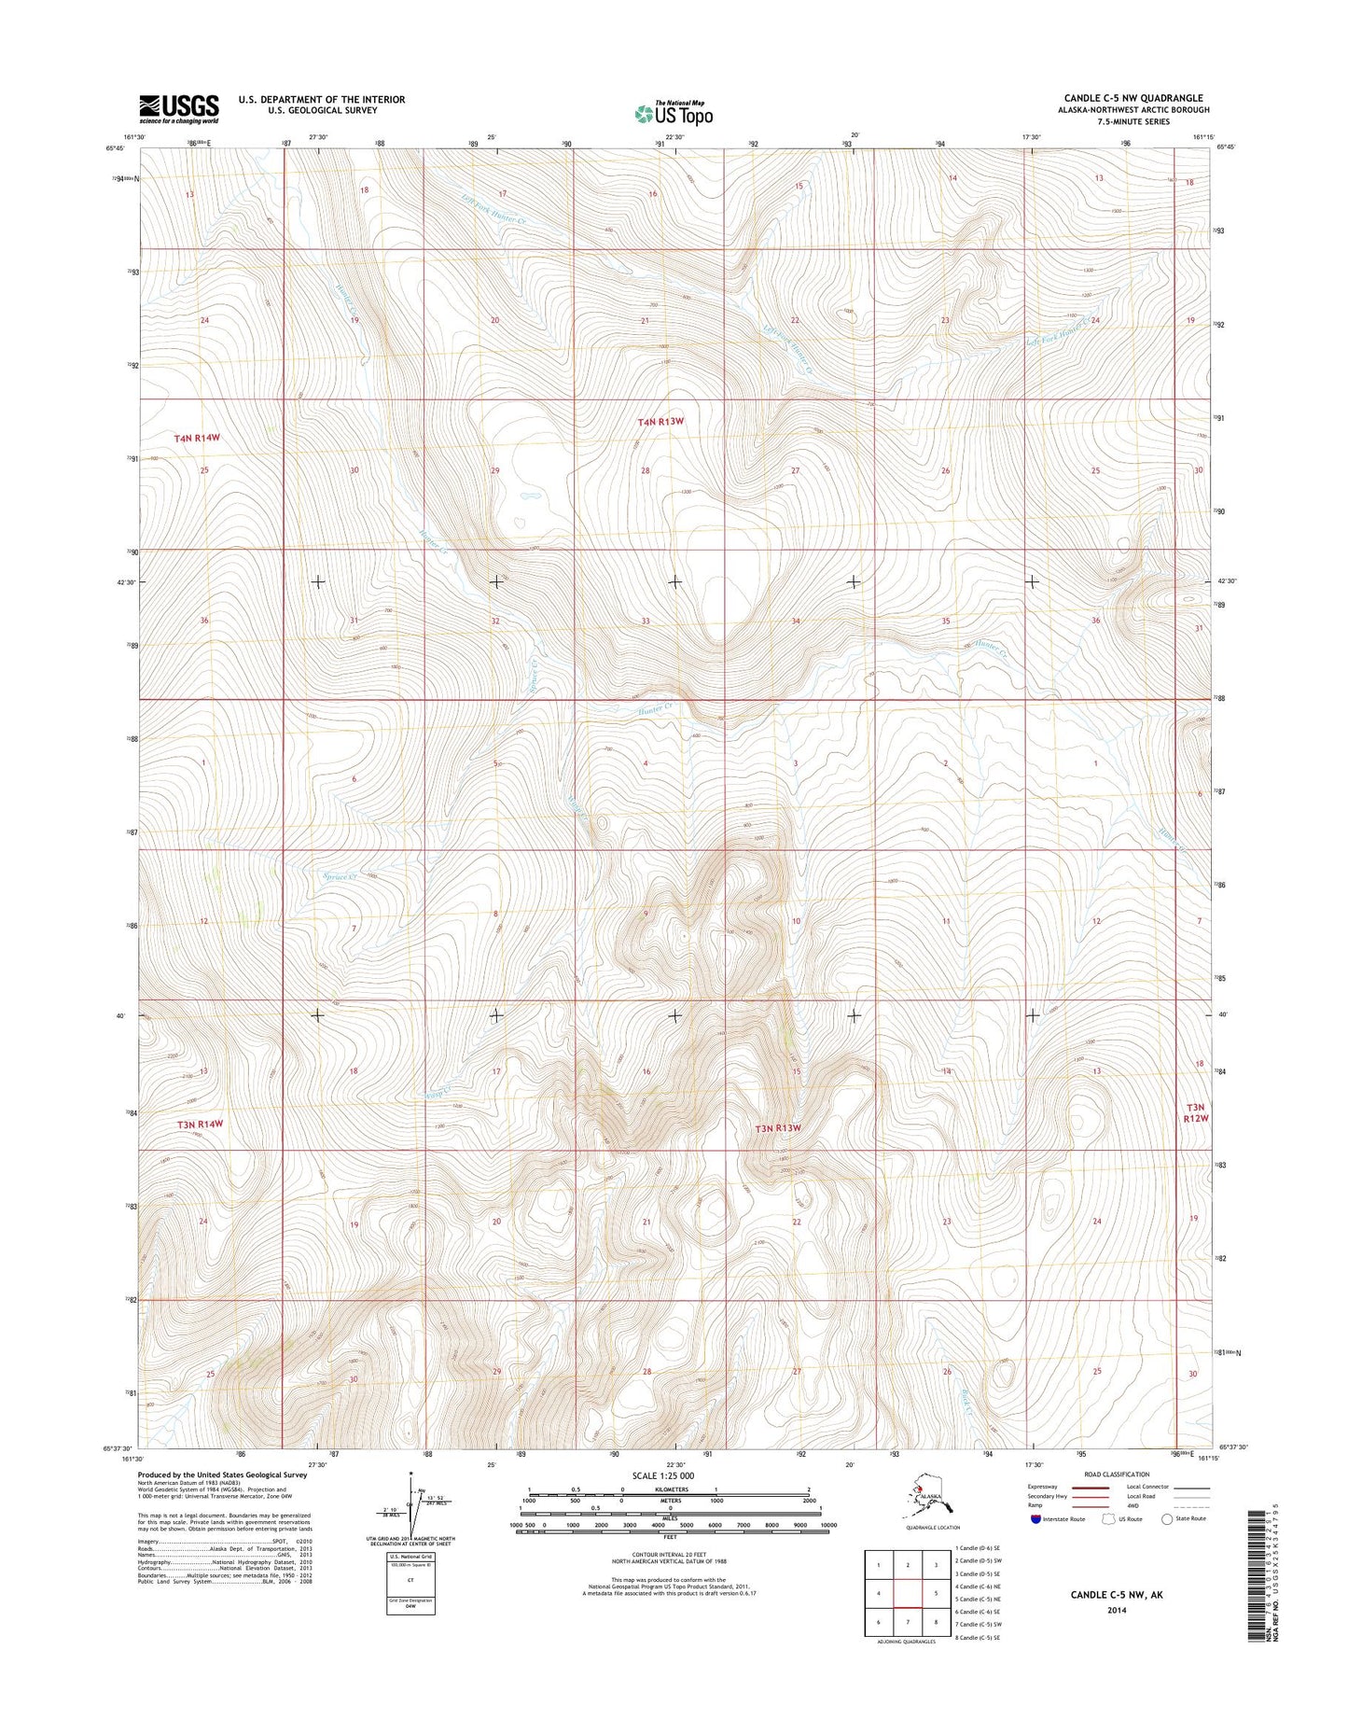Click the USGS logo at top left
pos(179,108)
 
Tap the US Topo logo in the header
pos(674,113)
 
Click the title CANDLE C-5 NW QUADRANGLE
pos(1133,98)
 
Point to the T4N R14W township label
pos(197,438)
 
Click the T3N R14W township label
pos(200,1125)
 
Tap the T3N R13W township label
pos(778,1128)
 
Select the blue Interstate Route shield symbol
pos(1035,1518)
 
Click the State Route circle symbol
pos(1166,1518)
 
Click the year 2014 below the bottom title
pos(1116,1609)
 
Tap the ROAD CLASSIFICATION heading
pos(1117,1474)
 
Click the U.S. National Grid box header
pos(410,1558)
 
